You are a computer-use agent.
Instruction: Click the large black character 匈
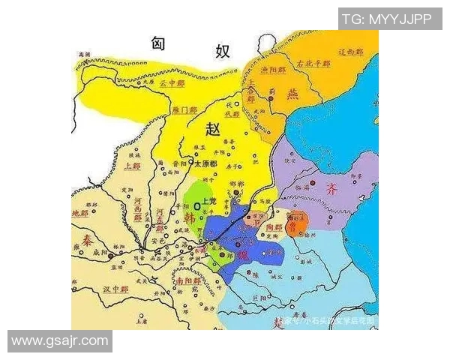point(157,43)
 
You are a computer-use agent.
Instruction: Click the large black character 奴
point(223,51)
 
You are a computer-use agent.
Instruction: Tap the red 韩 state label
point(190,218)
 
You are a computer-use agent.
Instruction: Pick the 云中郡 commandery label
point(172,83)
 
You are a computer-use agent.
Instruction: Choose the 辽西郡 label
point(351,52)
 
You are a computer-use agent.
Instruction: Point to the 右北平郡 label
point(311,64)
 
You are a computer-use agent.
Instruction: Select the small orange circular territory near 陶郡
point(297,223)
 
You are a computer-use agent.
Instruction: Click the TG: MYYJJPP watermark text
point(389,19)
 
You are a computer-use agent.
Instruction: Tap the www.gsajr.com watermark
point(59,341)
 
